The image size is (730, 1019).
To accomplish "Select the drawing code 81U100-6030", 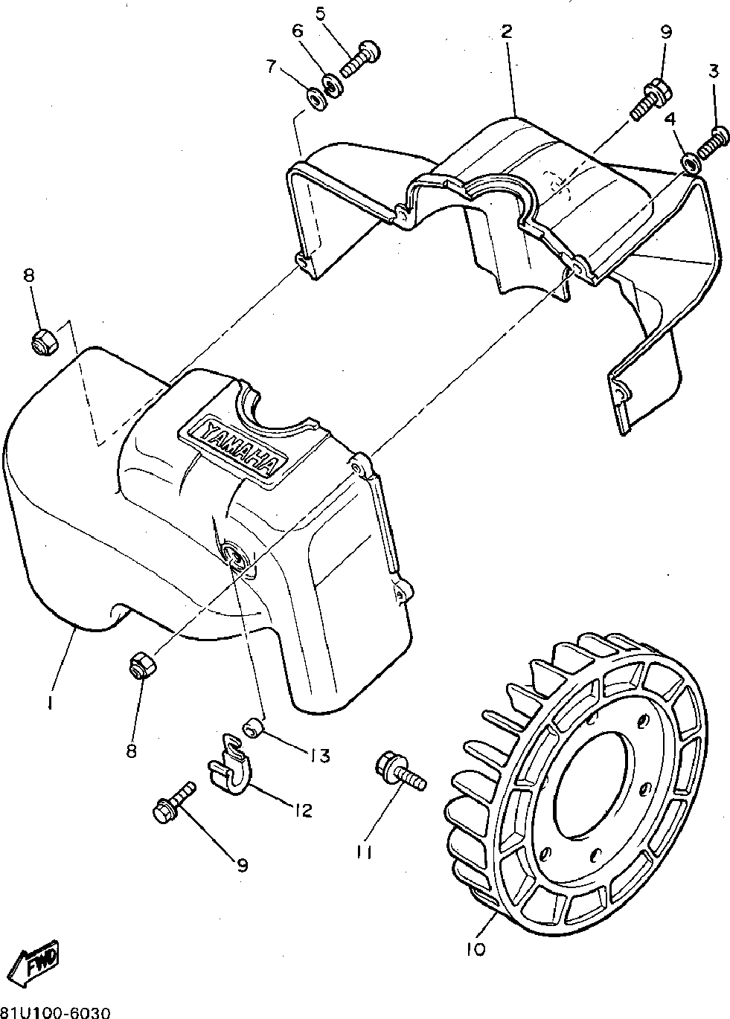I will [x=56, y=1012].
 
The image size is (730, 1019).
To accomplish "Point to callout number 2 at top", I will [x=506, y=31].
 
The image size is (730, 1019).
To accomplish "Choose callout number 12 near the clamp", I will [x=303, y=809].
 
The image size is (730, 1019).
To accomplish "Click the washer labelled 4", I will [x=688, y=162].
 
